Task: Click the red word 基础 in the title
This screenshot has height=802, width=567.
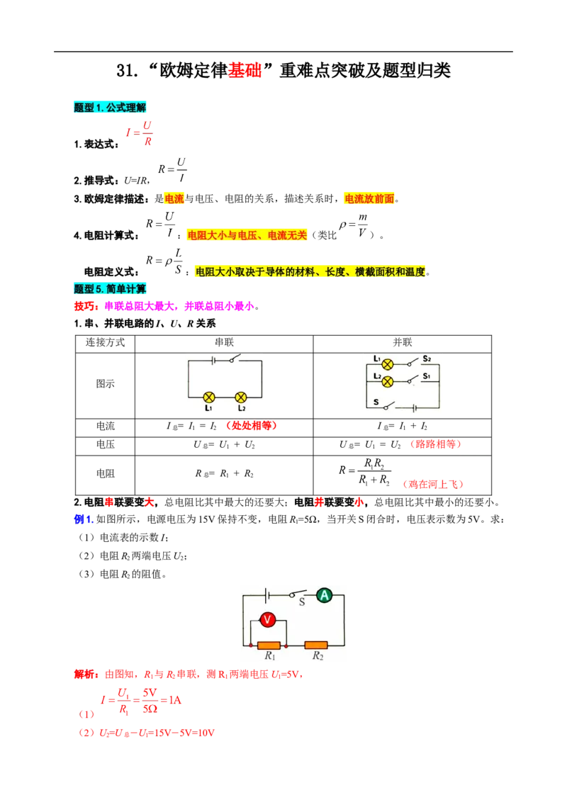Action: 245,71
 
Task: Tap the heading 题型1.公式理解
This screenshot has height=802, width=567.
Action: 110,108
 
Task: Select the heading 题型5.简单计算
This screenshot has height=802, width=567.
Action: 110,289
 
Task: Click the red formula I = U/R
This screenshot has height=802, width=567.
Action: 139,133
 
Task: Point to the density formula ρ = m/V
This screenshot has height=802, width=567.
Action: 354,225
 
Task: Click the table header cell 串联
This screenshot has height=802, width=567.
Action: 224,342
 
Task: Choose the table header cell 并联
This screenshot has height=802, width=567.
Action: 403,342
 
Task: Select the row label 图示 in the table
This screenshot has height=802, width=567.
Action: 106,383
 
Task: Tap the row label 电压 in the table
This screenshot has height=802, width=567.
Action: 106,444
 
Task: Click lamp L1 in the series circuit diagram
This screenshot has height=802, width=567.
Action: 209,397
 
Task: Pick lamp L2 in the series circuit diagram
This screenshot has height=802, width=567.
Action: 241,397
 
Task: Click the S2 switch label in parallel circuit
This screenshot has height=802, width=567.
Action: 427,358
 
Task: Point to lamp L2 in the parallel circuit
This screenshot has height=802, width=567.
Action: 388,382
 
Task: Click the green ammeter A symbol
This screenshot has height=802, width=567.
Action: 325,595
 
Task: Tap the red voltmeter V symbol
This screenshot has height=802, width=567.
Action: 268,620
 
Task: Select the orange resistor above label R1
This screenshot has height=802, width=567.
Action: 269,645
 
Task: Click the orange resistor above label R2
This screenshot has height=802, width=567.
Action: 316,645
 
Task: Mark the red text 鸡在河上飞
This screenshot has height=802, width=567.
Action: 433,484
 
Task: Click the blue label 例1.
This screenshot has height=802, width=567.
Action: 84,519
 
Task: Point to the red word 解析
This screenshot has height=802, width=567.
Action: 86,674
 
